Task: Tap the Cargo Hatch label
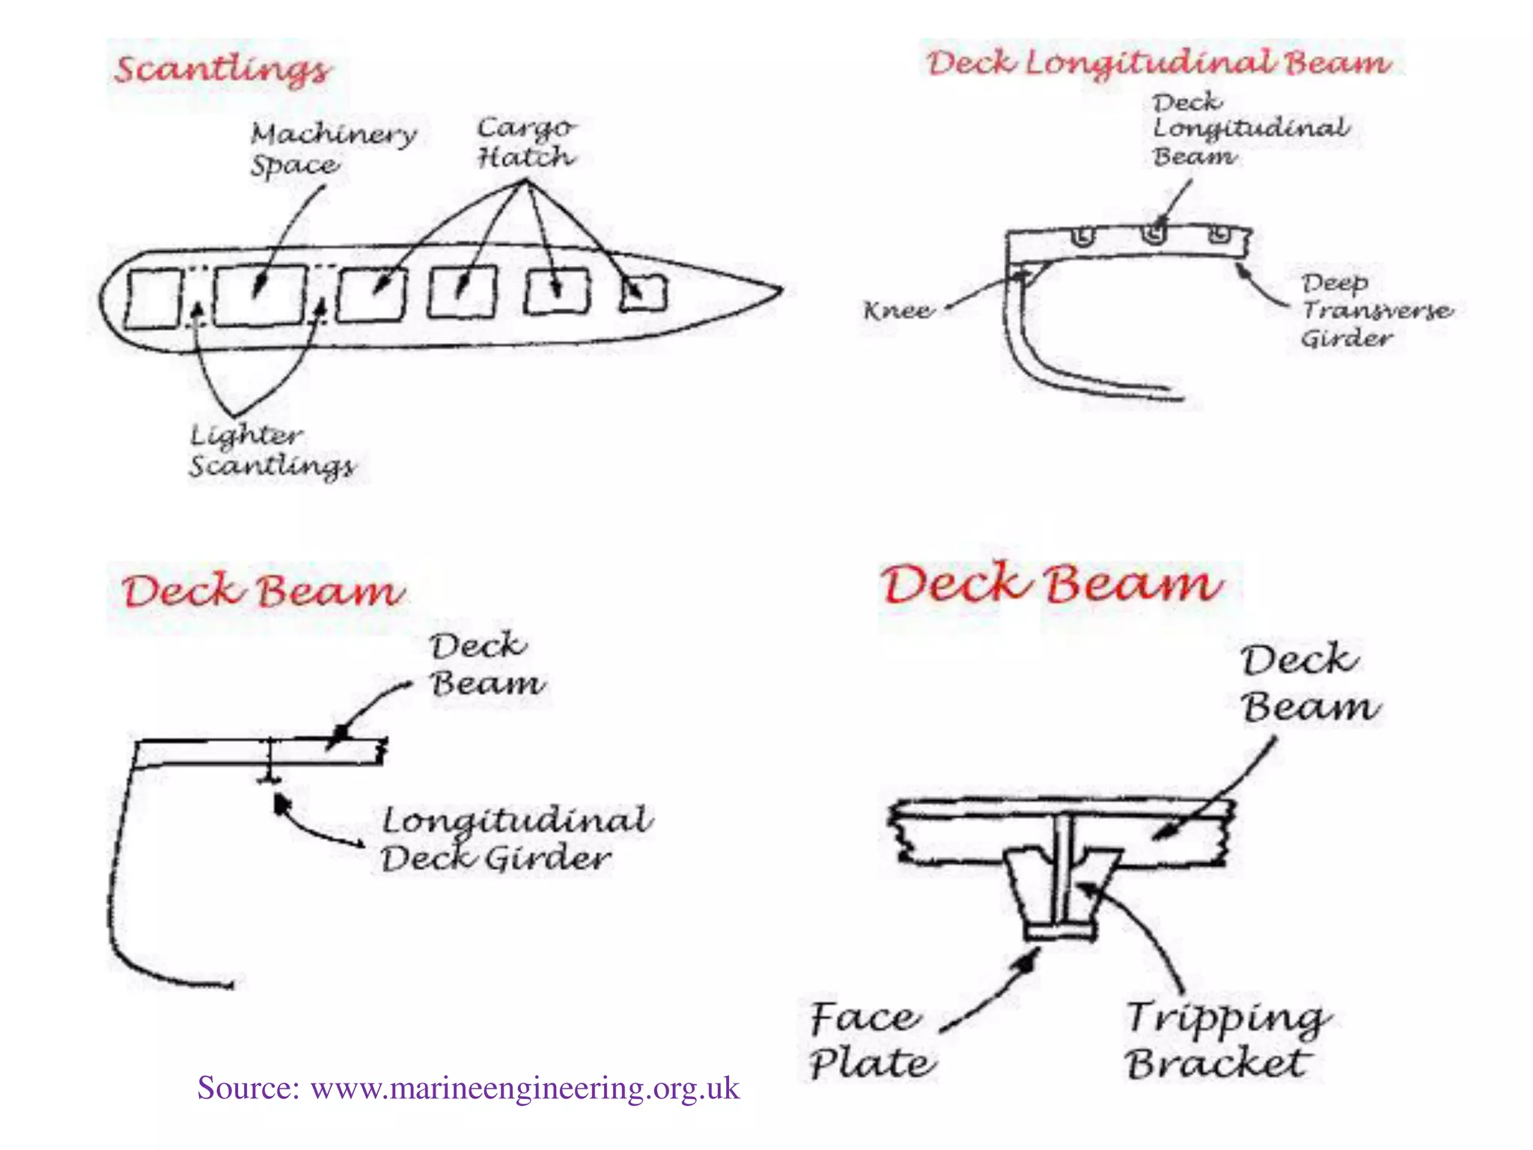click(526, 142)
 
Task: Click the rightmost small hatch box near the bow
click(644, 293)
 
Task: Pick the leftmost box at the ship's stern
click(153, 299)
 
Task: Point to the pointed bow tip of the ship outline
click(778, 290)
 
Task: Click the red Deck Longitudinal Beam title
click(1159, 61)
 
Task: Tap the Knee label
click(898, 310)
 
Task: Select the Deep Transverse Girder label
click(1376, 310)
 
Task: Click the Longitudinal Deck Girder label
click(515, 839)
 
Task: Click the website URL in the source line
click(525, 1088)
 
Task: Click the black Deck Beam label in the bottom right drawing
click(1308, 683)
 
